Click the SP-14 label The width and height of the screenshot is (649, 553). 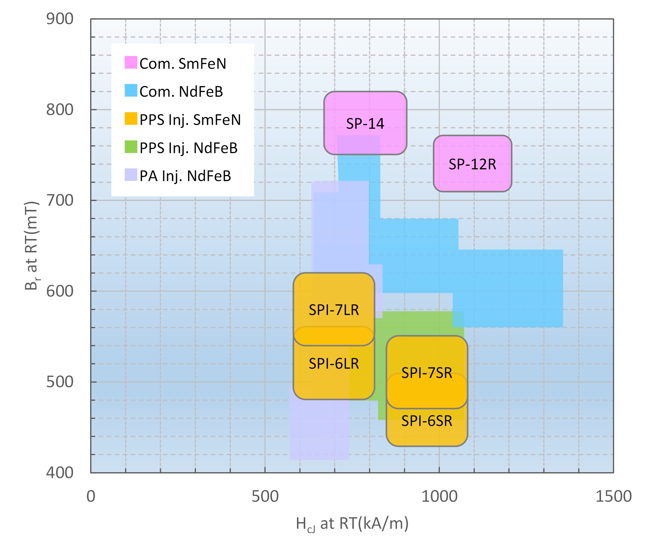(365, 124)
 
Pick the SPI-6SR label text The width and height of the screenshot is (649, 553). (427, 421)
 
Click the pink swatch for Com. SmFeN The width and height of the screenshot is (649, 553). (131, 62)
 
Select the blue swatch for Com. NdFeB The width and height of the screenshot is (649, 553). (131, 90)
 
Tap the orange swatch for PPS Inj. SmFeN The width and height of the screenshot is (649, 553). (131, 119)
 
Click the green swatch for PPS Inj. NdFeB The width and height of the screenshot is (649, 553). (131, 147)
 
